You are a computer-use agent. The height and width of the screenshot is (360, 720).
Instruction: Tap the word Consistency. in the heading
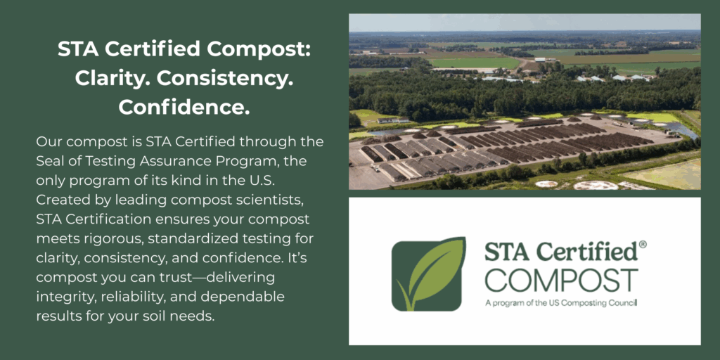tap(225, 78)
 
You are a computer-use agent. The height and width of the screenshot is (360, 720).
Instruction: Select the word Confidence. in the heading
tap(184, 107)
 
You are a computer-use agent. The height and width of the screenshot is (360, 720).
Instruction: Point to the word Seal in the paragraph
tap(49, 162)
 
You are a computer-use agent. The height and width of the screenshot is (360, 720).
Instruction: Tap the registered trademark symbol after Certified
tap(643, 245)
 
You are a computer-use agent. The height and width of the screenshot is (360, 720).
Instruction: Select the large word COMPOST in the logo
tap(562, 281)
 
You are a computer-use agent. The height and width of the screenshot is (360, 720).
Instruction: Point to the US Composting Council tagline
tap(561, 304)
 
